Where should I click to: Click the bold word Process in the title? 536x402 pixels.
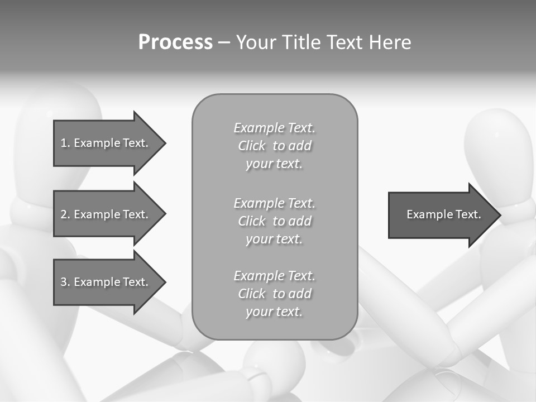coord(175,42)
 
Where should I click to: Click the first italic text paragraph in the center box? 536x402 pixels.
coord(274,146)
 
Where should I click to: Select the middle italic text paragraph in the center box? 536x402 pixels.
coord(274,221)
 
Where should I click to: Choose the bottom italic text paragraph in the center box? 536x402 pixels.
coord(274,294)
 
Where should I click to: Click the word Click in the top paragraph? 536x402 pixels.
coord(252,146)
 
